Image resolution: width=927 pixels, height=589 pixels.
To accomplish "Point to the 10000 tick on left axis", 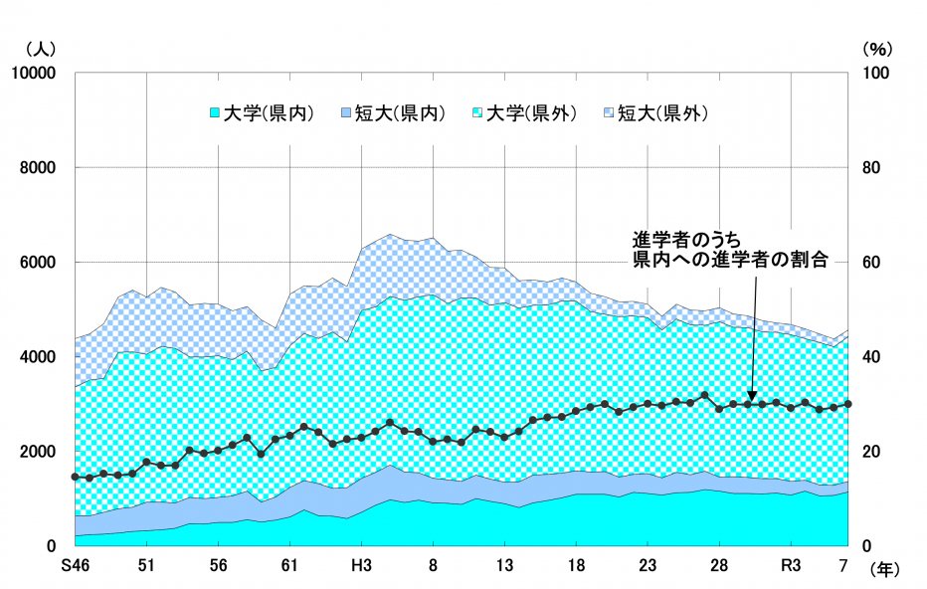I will [x=36, y=74].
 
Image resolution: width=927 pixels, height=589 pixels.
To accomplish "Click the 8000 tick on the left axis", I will [x=40, y=168].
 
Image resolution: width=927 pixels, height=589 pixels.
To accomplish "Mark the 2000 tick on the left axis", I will [x=40, y=452].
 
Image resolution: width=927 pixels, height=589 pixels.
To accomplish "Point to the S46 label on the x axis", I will [x=75, y=566].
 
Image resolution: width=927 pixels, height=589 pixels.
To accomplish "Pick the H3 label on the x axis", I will [x=361, y=566].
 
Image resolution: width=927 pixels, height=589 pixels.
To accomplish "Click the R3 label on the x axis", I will [x=791, y=566].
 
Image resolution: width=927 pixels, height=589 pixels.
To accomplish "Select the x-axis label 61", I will [x=289, y=566].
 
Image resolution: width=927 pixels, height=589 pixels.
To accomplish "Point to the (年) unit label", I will [x=888, y=570].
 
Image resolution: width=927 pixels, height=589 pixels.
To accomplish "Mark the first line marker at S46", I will [x=75, y=478].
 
